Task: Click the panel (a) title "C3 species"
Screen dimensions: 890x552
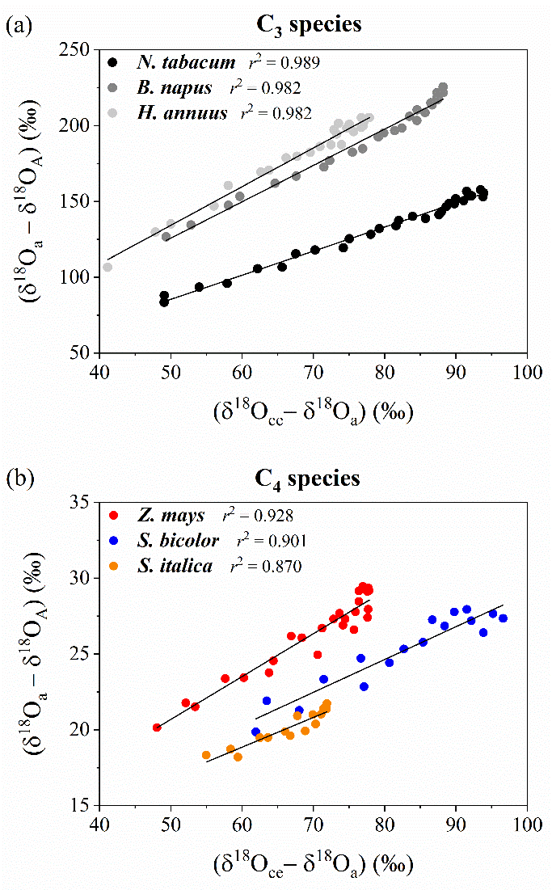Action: pos(316,25)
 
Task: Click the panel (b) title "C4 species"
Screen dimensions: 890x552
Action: pos(316,479)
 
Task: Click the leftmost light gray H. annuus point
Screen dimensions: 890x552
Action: pos(107,267)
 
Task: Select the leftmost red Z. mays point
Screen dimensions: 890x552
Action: pos(157,728)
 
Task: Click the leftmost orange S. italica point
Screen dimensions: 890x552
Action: pos(206,755)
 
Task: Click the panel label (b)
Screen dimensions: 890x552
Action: pos(18,479)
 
